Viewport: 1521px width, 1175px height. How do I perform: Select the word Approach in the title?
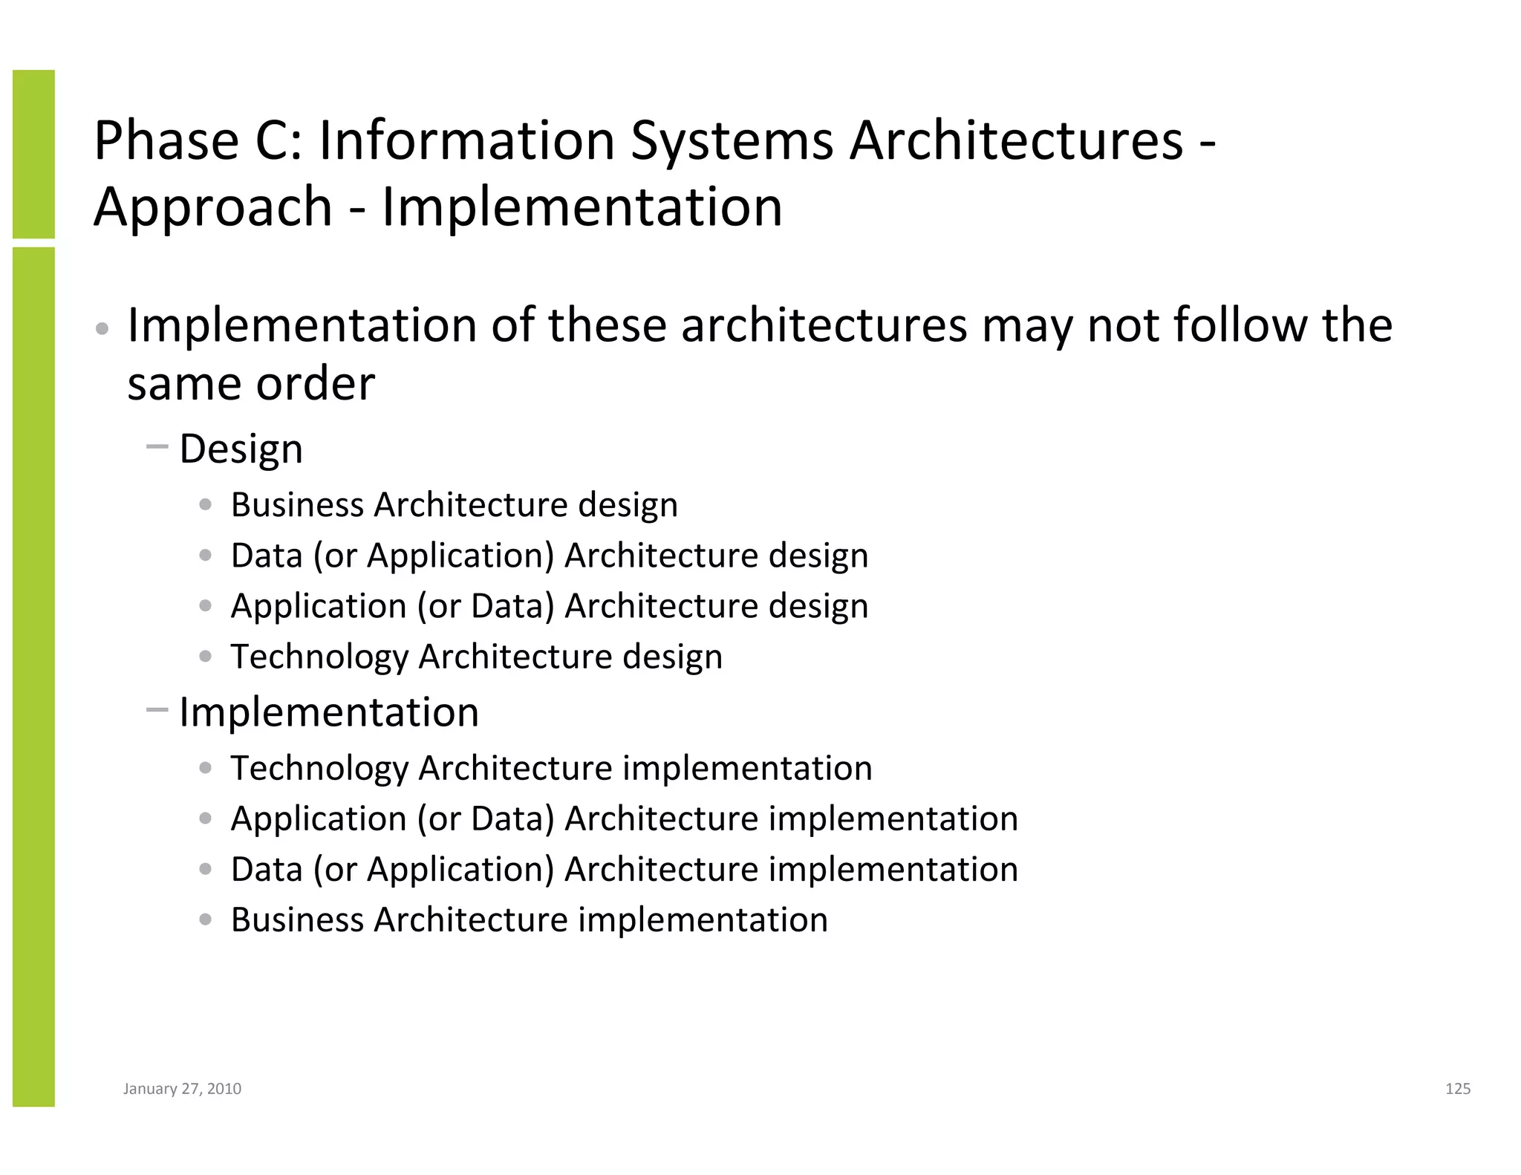click(212, 206)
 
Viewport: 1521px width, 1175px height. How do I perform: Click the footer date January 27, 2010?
click(182, 1089)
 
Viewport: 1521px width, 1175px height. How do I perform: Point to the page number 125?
click(1458, 1089)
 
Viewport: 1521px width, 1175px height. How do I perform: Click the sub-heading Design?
click(241, 449)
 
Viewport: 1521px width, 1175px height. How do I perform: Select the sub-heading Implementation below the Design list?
click(329, 712)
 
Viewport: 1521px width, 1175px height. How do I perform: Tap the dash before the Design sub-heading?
click(157, 447)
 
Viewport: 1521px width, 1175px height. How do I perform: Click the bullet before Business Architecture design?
click(206, 505)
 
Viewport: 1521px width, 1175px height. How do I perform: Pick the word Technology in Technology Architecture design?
click(319, 657)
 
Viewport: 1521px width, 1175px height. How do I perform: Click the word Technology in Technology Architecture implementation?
click(319, 768)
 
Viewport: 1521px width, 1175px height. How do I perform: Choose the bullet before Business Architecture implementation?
click(206, 920)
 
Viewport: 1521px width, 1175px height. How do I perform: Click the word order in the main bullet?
click(315, 384)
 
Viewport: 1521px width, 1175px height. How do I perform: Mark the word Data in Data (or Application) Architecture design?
click(267, 556)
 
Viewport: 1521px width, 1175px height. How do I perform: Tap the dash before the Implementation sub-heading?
click(157, 710)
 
